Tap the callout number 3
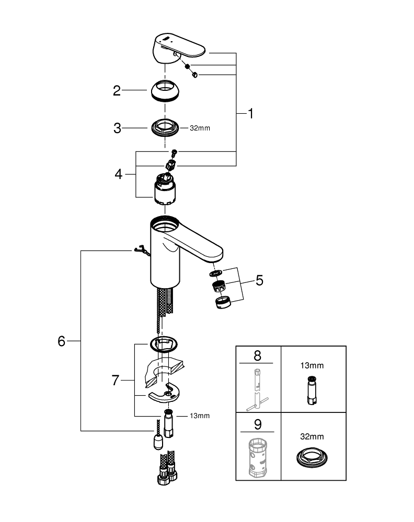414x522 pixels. tap(118, 127)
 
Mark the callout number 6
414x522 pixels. tap(62, 341)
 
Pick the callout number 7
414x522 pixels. tap(116, 381)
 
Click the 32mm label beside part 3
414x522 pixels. tap(200, 128)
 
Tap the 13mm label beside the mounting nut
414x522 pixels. tap(200, 416)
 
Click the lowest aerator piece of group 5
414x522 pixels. tap(223, 302)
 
